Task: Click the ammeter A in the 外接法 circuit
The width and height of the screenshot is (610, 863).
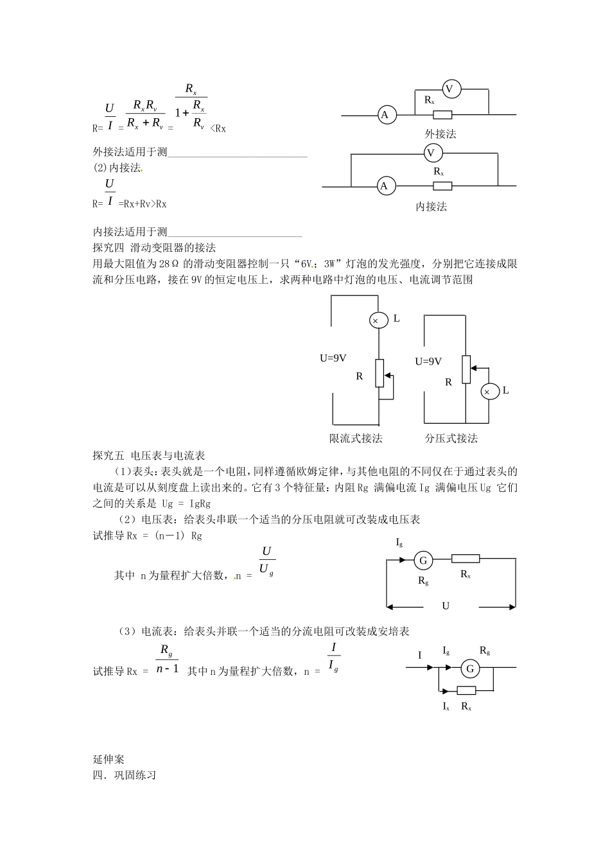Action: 386,115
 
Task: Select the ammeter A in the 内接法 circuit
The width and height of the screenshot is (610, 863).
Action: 385,186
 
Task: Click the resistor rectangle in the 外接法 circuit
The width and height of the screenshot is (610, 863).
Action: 442,115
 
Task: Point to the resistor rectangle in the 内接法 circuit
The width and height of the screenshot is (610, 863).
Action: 442,186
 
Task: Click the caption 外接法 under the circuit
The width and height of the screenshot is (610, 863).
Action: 440,134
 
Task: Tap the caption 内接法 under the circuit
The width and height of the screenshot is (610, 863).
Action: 431,207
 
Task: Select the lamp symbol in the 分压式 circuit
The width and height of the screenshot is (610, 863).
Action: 487,392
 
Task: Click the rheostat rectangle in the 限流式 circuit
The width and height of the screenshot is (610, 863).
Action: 379,373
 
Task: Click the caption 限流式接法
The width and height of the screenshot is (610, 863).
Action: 356,439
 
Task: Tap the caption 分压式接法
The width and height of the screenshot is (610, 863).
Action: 451,439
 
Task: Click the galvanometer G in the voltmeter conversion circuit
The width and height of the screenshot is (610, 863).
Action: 423,561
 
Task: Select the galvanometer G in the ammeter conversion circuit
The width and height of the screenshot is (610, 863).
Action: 470,669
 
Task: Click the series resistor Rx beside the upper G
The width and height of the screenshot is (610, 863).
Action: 466,559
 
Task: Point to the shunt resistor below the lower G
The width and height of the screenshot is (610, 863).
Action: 466,690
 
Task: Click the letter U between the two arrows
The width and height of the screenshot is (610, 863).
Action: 446,606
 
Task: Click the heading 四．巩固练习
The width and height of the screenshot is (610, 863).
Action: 125,775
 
